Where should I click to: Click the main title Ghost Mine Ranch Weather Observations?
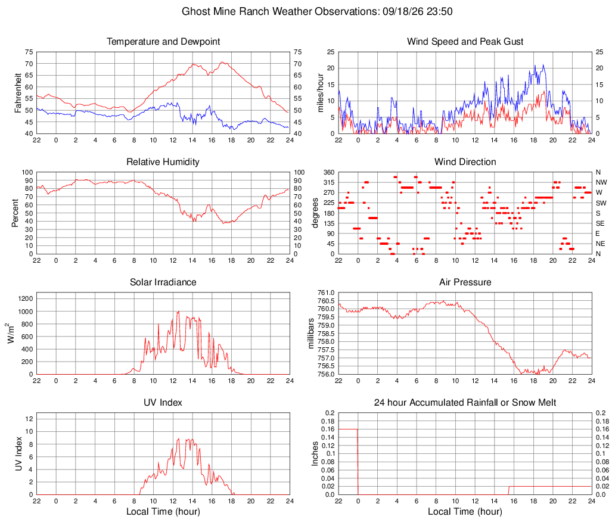click(280, 11)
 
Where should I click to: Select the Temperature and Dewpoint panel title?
click(163, 42)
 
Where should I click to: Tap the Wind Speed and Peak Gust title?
click(465, 42)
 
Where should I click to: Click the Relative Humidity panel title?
click(163, 162)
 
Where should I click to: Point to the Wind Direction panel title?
click(465, 162)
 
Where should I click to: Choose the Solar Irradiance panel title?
click(163, 282)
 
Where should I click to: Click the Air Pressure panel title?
click(465, 282)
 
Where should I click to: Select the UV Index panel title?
click(163, 403)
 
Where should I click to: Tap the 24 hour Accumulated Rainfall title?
click(465, 403)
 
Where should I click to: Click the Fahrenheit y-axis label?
click(18, 93)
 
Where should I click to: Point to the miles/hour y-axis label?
click(321, 93)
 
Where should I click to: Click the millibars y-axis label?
click(311, 334)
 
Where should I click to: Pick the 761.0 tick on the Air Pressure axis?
click(326, 292)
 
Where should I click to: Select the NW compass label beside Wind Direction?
click(601, 182)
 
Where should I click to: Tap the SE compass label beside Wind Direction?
click(600, 223)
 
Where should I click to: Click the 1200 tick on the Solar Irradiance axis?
click(26, 299)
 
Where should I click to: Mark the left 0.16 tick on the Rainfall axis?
click(328, 429)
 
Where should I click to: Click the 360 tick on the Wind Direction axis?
click(329, 172)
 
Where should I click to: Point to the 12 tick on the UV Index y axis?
click(29, 419)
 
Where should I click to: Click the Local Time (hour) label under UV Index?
click(163, 512)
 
